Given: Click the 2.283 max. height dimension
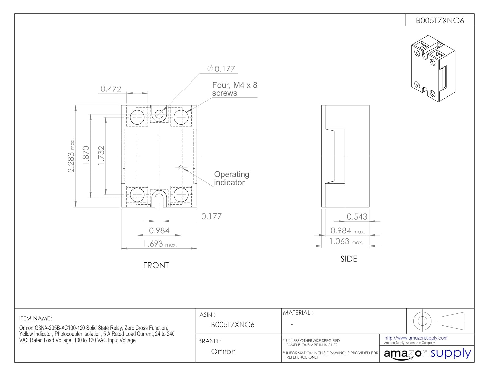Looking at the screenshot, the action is pos(71,155).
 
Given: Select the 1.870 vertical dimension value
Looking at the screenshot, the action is pos(86,155).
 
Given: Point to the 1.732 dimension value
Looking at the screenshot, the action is pos(101,155).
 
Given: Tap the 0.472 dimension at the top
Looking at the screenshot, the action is pos(111,89).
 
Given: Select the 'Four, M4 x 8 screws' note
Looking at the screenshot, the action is pos(235,89).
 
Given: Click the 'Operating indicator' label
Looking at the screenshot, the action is pos(232,178).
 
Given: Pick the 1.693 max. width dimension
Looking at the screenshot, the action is pos(160,244).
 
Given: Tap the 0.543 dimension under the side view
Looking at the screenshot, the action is pos(357,217).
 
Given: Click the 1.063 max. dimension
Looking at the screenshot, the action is pos(346,241).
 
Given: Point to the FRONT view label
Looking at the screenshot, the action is pos(156,265).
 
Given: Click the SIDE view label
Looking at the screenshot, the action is pos(349,259).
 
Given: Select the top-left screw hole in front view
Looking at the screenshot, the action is pos(137,117).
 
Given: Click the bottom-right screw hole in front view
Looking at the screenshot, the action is pos(181,195).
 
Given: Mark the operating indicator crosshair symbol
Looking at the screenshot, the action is pos(181,167).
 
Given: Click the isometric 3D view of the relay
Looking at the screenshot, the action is pos(433,69).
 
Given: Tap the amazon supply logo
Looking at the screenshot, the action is pos(427,354).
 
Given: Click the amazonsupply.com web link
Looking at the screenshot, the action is pos(416,338).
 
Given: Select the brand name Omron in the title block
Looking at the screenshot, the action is pos(223,351).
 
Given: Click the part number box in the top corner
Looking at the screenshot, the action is pos(440,20).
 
